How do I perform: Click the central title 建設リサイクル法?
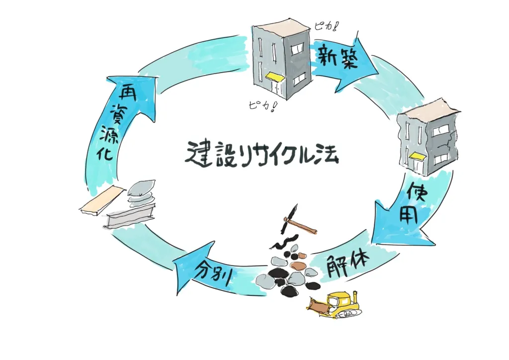[262, 155]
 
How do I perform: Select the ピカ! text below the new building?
[261, 105]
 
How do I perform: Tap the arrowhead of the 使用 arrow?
[393, 234]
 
